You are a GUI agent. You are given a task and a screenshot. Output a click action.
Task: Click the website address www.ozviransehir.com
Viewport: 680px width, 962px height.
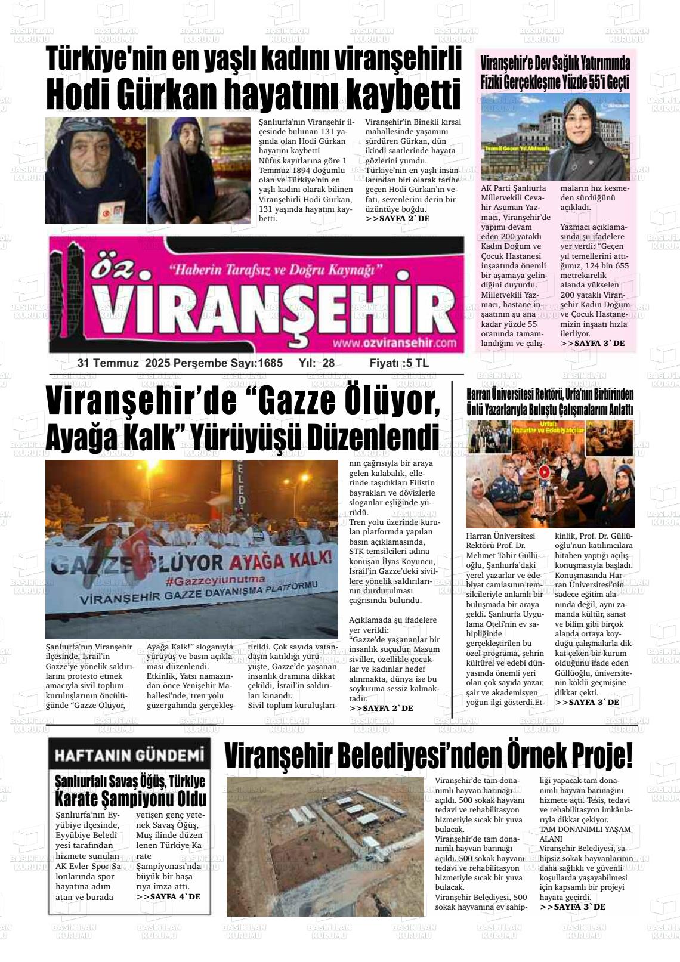pyautogui.click(x=394, y=343)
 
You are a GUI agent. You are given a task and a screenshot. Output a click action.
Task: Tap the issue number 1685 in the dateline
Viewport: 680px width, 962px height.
pyautogui.click(x=270, y=363)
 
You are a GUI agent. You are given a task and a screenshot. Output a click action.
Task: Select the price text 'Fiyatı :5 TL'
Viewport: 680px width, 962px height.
pyautogui.click(x=398, y=363)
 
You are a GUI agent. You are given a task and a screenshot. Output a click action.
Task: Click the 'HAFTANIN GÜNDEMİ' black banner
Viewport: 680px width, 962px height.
pyautogui.click(x=129, y=755)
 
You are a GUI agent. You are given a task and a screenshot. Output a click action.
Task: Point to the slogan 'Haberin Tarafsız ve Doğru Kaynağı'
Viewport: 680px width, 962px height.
pyautogui.click(x=276, y=270)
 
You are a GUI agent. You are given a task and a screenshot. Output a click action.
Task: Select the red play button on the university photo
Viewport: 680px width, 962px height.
pyautogui.click(x=544, y=471)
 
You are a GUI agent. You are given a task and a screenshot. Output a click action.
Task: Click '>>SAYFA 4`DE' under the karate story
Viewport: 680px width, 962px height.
pyautogui.click(x=168, y=896)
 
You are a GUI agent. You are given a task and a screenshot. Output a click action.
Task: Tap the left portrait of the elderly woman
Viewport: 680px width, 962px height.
pyautogui.click(x=95, y=170)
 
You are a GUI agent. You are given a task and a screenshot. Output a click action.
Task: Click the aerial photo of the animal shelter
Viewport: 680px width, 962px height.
pyautogui.click(x=325, y=846)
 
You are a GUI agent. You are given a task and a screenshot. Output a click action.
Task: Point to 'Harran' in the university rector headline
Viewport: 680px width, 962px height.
pyautogui.click(x=479, y=394)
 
